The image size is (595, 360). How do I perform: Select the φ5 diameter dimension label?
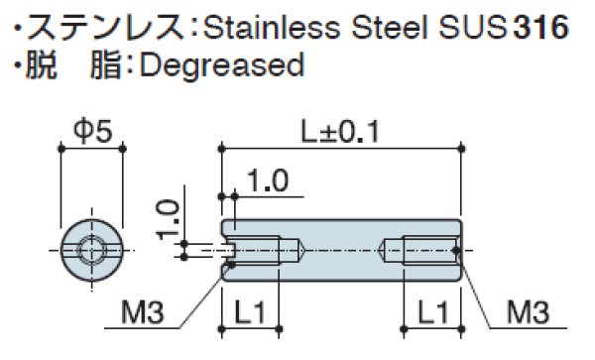click(x=92, y=129)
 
